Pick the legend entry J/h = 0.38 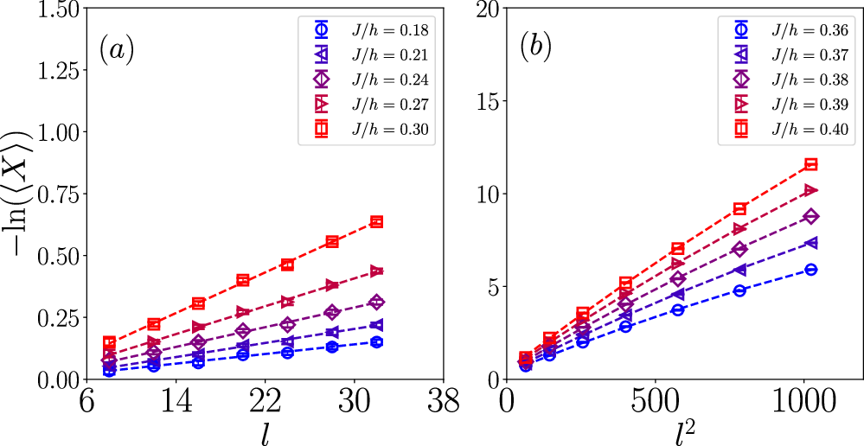(809, 80)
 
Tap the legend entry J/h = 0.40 (809, 129)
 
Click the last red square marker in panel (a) (376, 222)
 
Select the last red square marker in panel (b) (810, 164)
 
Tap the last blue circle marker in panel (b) (810, 270)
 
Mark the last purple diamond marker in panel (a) (376, 303)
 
